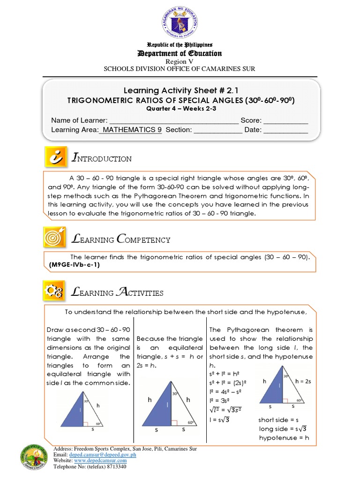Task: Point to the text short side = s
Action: [278, 420]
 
